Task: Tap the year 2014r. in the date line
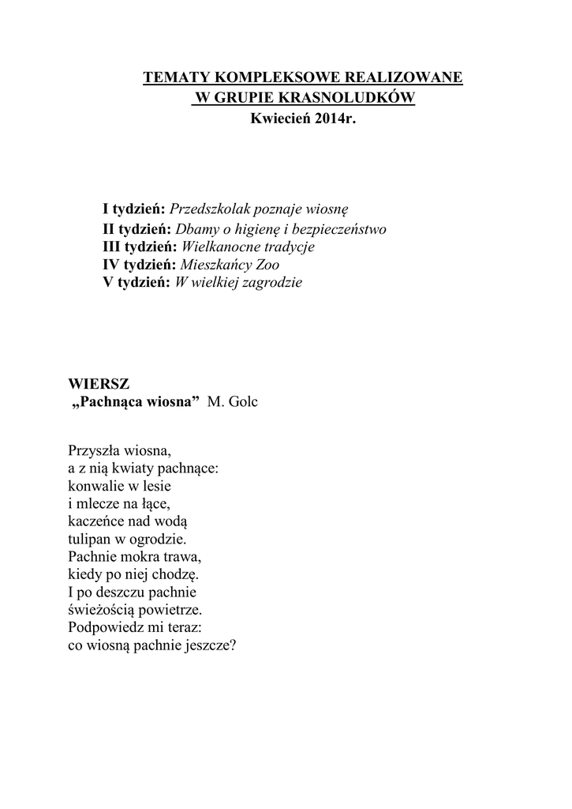326,119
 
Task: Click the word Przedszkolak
208,209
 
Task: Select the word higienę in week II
268,229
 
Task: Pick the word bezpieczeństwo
342,229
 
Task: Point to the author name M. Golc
232,402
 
